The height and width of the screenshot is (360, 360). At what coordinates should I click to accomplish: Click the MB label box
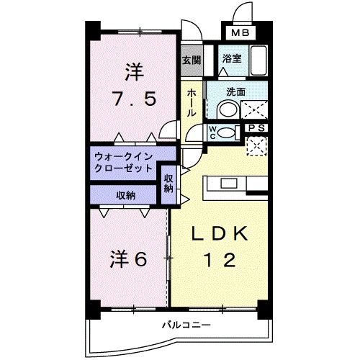pyautogui.click(x=239, y=32)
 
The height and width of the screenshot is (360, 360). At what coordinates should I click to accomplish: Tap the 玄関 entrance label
pyautogui.click(x=191, y=60)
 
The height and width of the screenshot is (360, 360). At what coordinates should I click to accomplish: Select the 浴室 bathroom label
pyautogui.click(x=231, y=60)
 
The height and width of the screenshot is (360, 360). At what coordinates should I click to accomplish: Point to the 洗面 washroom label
pyautogui.click(x=235, y=91)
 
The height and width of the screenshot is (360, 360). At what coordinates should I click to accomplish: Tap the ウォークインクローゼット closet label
pyautogui.click(x=123, y=161)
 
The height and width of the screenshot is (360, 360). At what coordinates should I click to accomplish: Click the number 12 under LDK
pyautogui.click(x=220, y=260)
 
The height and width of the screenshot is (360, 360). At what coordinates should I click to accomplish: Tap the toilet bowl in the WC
pyautogui.click(x=228, y=132)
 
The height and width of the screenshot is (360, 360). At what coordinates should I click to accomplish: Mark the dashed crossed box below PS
pyautogui.click(x=256, y=145)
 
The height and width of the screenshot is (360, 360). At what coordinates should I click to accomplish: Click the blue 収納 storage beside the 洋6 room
pyautogui.click(x=123, y=194)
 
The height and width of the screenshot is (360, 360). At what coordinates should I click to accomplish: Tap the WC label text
pyautogui.click(x=214, y=132)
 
